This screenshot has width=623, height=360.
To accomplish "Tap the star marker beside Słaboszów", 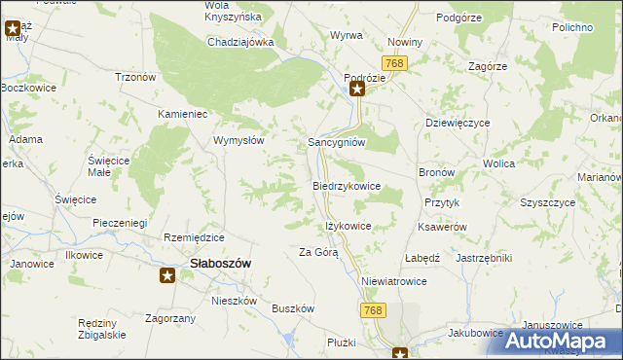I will coord(167,275).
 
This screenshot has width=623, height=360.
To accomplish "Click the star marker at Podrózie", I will coord(357,90).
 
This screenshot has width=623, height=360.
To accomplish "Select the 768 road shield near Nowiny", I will coord(394,62).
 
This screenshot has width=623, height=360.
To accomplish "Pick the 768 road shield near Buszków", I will coord(370,309).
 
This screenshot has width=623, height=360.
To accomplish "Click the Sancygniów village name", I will coord(337,141).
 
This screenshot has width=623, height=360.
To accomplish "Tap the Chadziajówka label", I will coord(241,43).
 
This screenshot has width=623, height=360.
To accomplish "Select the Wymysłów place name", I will coord(239,140).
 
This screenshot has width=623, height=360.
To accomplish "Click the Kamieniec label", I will coord(184,114).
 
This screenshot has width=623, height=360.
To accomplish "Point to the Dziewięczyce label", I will coord(458,124).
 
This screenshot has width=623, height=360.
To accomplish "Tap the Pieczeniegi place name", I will coord(119,223).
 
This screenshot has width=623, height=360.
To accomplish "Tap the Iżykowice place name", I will coord(348,226).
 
